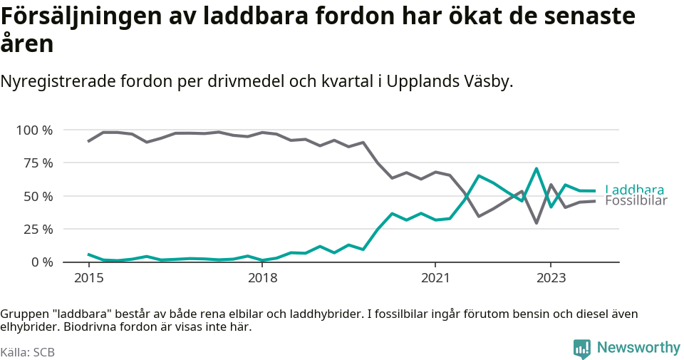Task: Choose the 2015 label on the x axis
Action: [88, 277]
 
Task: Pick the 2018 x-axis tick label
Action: [262, 277]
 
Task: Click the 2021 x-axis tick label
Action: [435, 277]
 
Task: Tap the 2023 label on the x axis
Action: [551, 277]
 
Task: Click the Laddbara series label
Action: [634, 190]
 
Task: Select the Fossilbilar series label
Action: [636, 201]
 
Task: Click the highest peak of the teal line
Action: [536, 169]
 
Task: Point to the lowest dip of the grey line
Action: [536, 223]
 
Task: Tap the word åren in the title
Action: [27, 44]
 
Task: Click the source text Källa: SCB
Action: [28, 352]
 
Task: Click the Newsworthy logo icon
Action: [582, 349]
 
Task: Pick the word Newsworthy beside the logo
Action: [638, 348]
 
